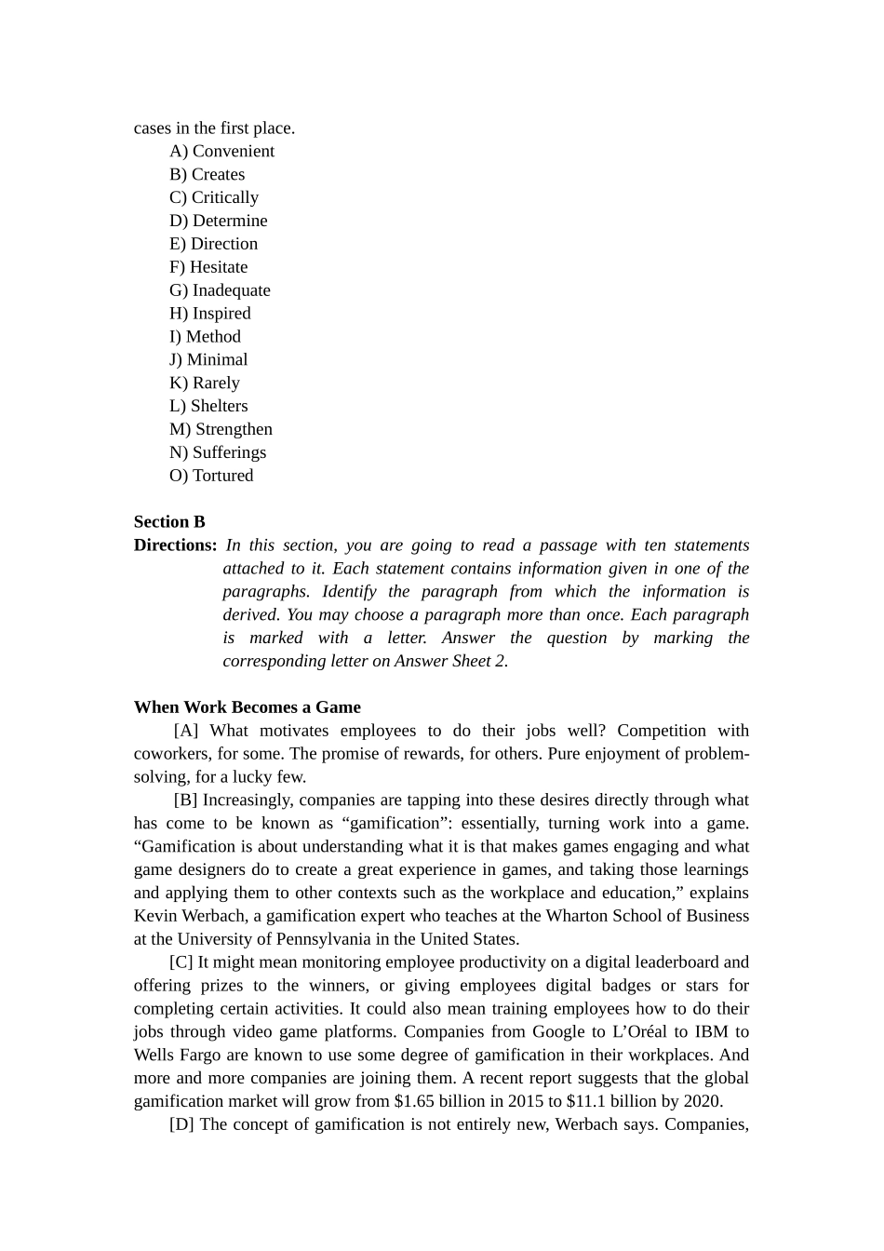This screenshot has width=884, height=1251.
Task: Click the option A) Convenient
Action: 221,151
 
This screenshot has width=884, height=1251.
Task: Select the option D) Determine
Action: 218,221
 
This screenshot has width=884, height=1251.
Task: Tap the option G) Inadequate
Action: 220,290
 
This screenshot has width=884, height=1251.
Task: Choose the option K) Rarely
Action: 204,383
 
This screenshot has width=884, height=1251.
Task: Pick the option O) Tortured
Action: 211,476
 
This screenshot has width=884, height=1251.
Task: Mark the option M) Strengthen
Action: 221,429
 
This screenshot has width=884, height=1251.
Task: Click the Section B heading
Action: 169,522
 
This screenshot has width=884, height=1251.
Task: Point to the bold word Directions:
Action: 175,545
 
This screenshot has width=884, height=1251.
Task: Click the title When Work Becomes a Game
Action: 247,707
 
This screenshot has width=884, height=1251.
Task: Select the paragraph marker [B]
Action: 185,800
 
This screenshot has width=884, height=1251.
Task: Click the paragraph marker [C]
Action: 181,962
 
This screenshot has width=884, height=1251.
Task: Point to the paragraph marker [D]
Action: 181,1124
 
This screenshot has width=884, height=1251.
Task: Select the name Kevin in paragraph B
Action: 154,916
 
